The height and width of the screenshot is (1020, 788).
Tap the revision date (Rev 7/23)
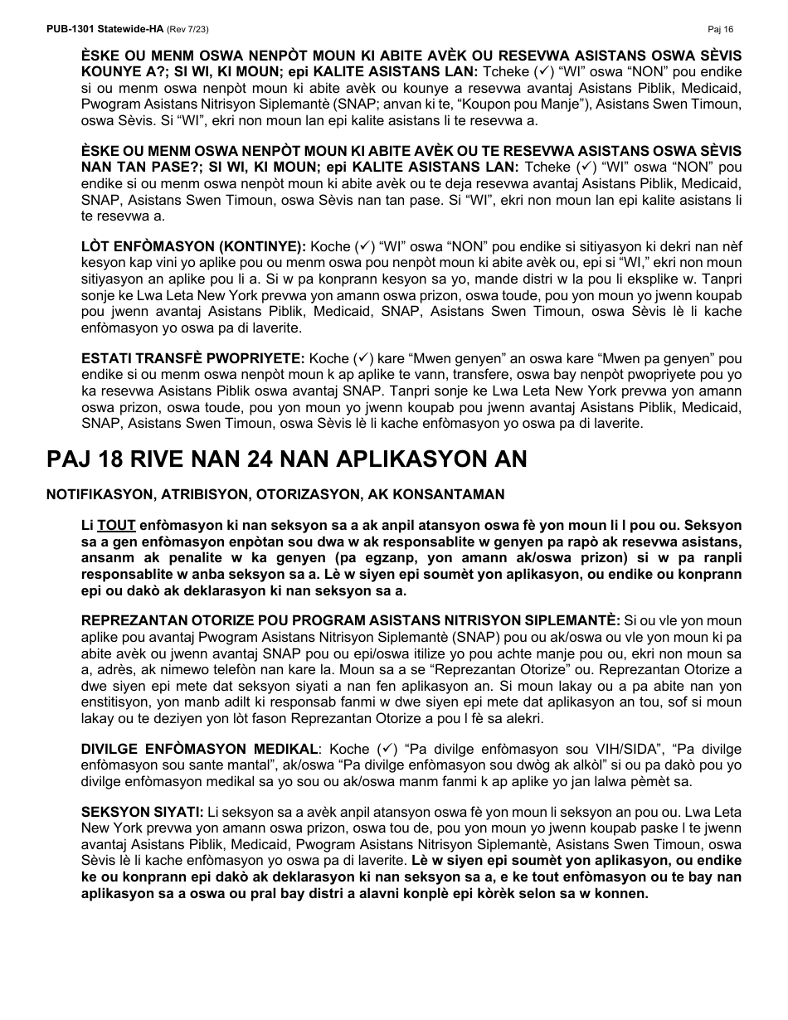click(188, 29)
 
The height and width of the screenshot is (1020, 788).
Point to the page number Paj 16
click(721, 29)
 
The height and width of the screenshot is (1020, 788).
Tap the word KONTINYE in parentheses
click(264, 246)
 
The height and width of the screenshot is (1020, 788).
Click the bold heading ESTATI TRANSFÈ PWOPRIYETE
click(193, 358)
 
